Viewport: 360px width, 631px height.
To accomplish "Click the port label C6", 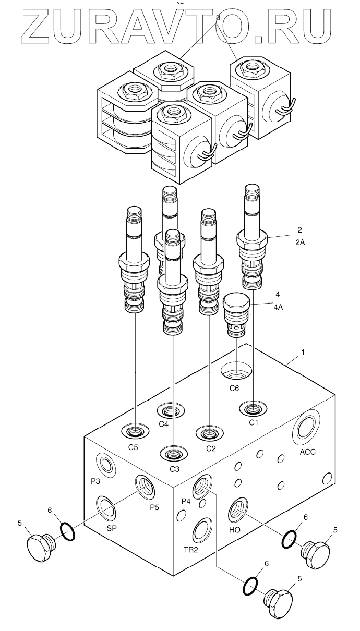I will pyautogui.click(x=234, y=389).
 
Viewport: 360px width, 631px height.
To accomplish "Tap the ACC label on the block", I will pyautogui.click(x=308, y=452).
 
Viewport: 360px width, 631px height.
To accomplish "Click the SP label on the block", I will pyautogui.click(x=112, y=528).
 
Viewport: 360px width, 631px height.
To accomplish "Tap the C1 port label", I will pyautogui.click(x=254, y=422).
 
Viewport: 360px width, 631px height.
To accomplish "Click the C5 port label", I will pyautogui.click(x=134, y=447).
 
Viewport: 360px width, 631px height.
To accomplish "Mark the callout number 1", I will pyautogui.click(x=302, y=353).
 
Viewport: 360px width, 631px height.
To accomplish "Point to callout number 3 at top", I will pyautogui.click(x=218, y=18).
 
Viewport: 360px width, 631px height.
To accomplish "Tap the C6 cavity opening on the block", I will pyautogui.click(x=236, y=372).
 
